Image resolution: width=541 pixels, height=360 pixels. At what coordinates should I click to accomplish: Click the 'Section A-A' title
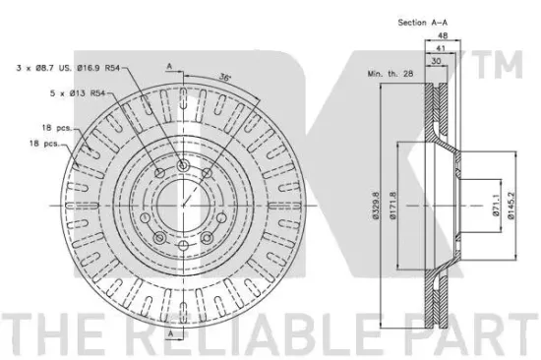(x=422, y=23)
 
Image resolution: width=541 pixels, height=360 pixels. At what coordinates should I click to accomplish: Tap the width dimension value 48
(x=443, y=35)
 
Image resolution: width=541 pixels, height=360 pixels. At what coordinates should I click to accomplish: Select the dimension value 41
(x=441, y=48)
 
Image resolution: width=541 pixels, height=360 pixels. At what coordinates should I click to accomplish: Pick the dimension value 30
(x=436, y=61)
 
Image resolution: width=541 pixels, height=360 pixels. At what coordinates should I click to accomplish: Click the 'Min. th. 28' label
(x=391, y=74)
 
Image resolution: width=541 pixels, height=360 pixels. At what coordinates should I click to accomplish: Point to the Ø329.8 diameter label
(x=375, y=206)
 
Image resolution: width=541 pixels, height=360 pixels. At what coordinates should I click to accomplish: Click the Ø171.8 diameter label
(x=393, y=206)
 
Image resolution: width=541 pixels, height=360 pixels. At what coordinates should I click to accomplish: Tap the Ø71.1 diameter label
(x=496, y=205)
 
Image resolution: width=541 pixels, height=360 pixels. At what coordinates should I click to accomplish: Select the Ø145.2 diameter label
(x=511, y=206)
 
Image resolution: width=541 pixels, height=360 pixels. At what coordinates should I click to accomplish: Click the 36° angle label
(x=224, y=78)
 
